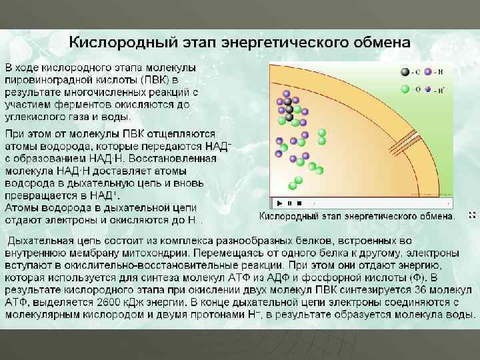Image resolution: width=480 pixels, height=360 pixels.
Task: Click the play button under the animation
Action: pos(279,203)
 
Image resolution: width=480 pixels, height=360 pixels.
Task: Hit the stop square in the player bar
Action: pos(299,203)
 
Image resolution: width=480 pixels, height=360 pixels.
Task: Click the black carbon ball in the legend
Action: pos(405,71)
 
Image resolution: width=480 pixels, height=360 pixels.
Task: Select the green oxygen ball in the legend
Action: pos(405,88)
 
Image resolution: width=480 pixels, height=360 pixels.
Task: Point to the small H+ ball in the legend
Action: pos(428,89)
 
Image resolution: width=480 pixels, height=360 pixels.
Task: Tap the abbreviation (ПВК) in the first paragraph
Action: pos(155,80)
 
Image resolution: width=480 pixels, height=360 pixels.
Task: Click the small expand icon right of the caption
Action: pos(472,215)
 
